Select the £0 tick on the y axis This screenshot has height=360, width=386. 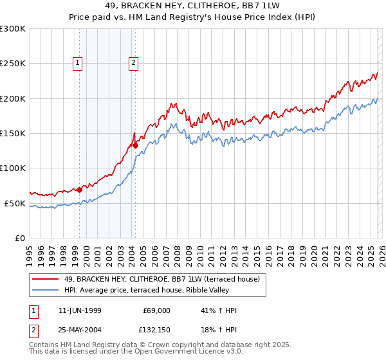[x=19, y=238]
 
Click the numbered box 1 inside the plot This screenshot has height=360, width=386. [x=77, y=63]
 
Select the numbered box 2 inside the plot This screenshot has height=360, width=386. [x=133, y=63]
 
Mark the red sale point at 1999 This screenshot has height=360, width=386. [x=80, y=190]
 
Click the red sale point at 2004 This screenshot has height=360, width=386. [x=136, y=146]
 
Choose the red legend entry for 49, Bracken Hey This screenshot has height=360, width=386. [x=161, y=279]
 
